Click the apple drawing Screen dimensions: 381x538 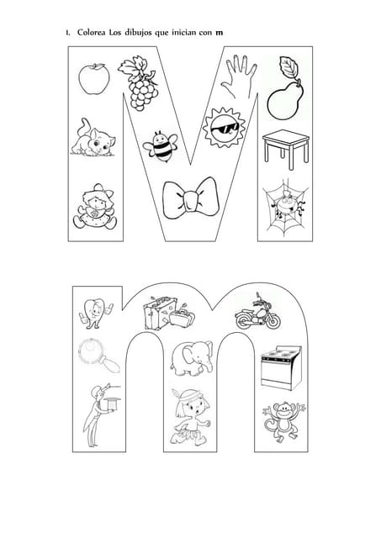[x=94, y=79]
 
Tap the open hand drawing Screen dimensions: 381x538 [x=239, y=76]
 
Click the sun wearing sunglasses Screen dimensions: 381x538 [x=224, y=128]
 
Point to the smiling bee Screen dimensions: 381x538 [x=161, y=146]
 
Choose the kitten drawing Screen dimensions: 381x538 [x=93, y=138]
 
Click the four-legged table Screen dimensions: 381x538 [x=286, y=150]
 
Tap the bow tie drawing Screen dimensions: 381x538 [x=190, y=198]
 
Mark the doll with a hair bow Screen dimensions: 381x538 [x=95, y=207]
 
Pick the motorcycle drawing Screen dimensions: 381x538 [x=257, y=312]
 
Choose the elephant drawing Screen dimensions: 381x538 [x=192, y=359]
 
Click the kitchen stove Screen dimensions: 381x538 [x=281, y=367]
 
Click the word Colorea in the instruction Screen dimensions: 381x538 [x=92, y=33]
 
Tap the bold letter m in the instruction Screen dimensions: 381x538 [x=219, y=34]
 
